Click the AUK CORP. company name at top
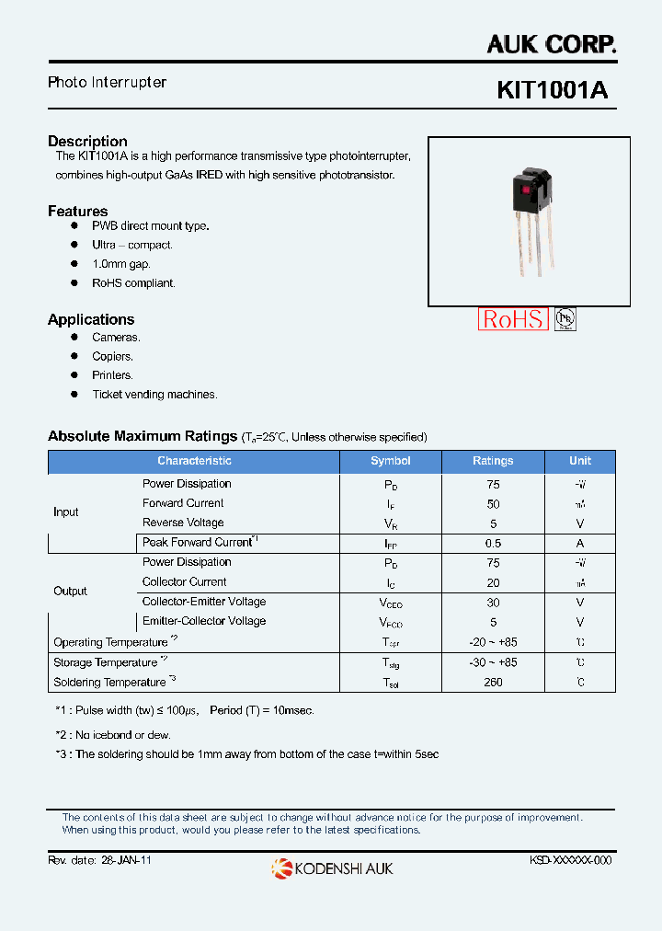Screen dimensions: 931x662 pyautogui.click(x=551, y=42)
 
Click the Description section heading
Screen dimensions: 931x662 pyautogui.click(x=87, y=141)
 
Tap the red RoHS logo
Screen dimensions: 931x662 pyautogui.click(x=513, y=319)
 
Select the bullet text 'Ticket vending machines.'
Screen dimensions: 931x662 pyautogui.click(x=154, y=395)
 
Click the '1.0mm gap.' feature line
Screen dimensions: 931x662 pyautogui.click(x=120, y=264)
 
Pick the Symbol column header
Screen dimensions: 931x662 pyautogui.click(x=391, y=461)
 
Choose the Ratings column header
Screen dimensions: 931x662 pyautogui.click(x=493, y=461)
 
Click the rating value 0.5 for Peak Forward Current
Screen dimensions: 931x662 pyautogui.click(x=493, y=543)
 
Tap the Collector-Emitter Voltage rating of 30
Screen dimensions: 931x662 pyautogui.click(x=493, y=603)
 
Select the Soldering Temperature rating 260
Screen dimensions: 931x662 pyautogui.click(x=493, y=683)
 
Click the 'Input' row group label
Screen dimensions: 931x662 pyautogui.click(x=66, y=512)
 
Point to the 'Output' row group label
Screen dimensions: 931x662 pyautogui.click(x=70, y=592)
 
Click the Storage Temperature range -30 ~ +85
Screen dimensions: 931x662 pyautogui.click(x=493, y=662)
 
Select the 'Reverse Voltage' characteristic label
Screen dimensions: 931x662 pyautogui.click(x=183, y=523)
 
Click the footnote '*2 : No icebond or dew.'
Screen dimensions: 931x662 pyautogui.click(x=113, y=735)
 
